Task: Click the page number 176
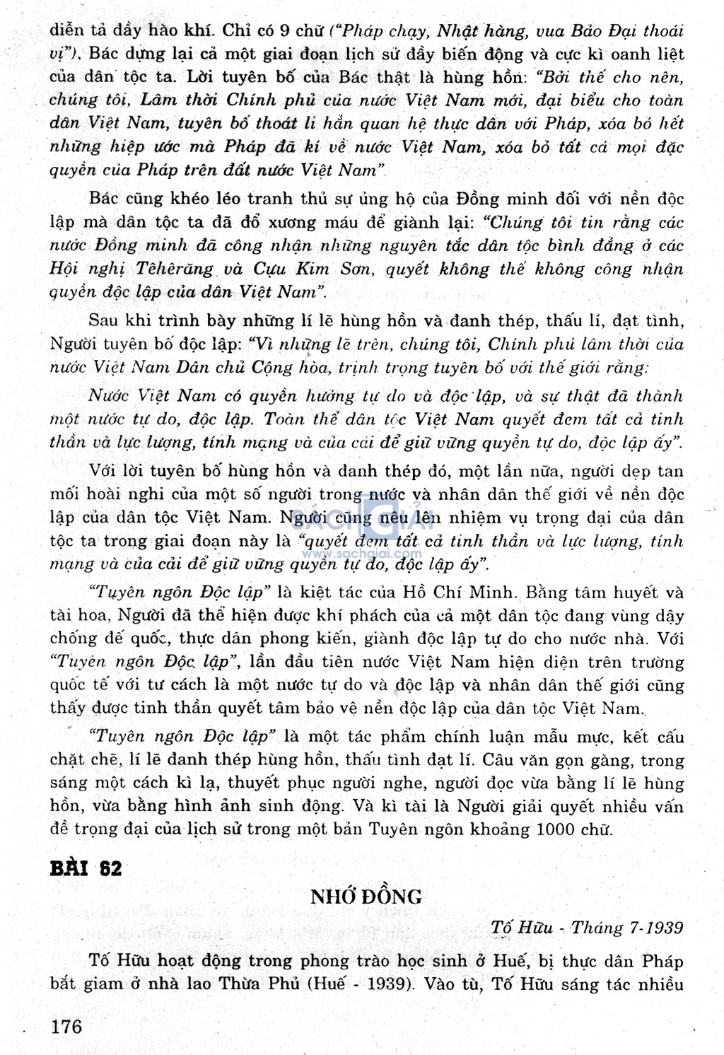[x=66, y=1026]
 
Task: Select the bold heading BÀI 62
[x=86, y=868]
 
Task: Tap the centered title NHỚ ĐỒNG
[x=366, y=897]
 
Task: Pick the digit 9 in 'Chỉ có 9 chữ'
[x=282, y=30]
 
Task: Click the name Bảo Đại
[x=591, y=30]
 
